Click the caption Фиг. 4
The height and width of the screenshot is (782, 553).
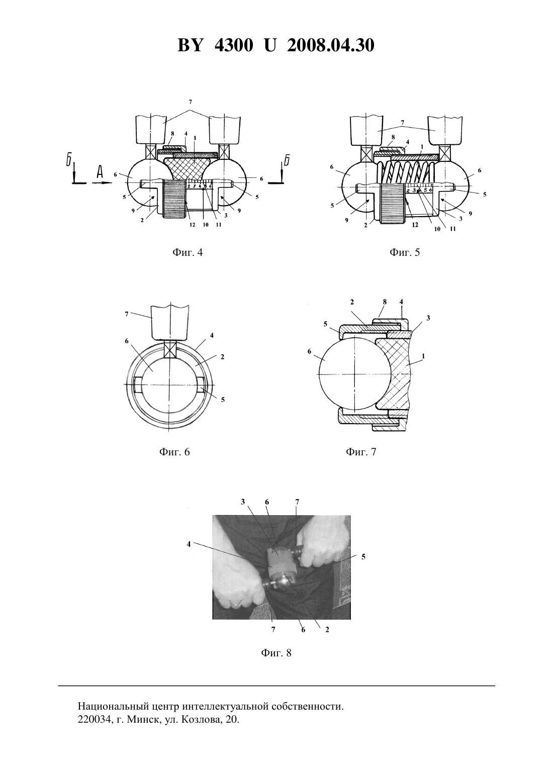tap(188, 252)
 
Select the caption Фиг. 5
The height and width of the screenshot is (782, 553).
tap(405, 252)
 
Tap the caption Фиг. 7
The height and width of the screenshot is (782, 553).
tap(361, 452)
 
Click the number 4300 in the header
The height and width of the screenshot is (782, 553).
tap(234, 46)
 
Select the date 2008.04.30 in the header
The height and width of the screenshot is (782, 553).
tap(331, 46)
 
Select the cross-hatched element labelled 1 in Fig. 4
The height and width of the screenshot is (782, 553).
tap(189, 169)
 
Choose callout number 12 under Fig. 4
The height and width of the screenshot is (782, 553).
tap(193, 225)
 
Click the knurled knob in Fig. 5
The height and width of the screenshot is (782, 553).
tap(393, 204)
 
